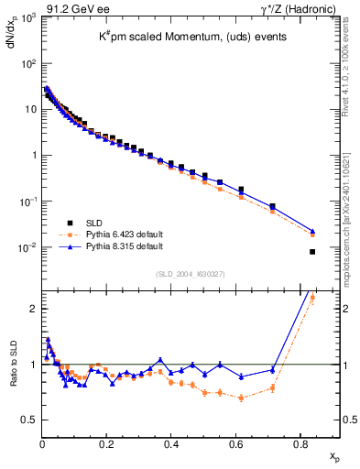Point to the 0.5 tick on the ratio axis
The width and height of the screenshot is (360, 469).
[x=31, y=420]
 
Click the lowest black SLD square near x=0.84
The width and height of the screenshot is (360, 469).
[x=312, y=252]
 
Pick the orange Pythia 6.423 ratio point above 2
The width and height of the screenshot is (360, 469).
[x=312, y=298]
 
